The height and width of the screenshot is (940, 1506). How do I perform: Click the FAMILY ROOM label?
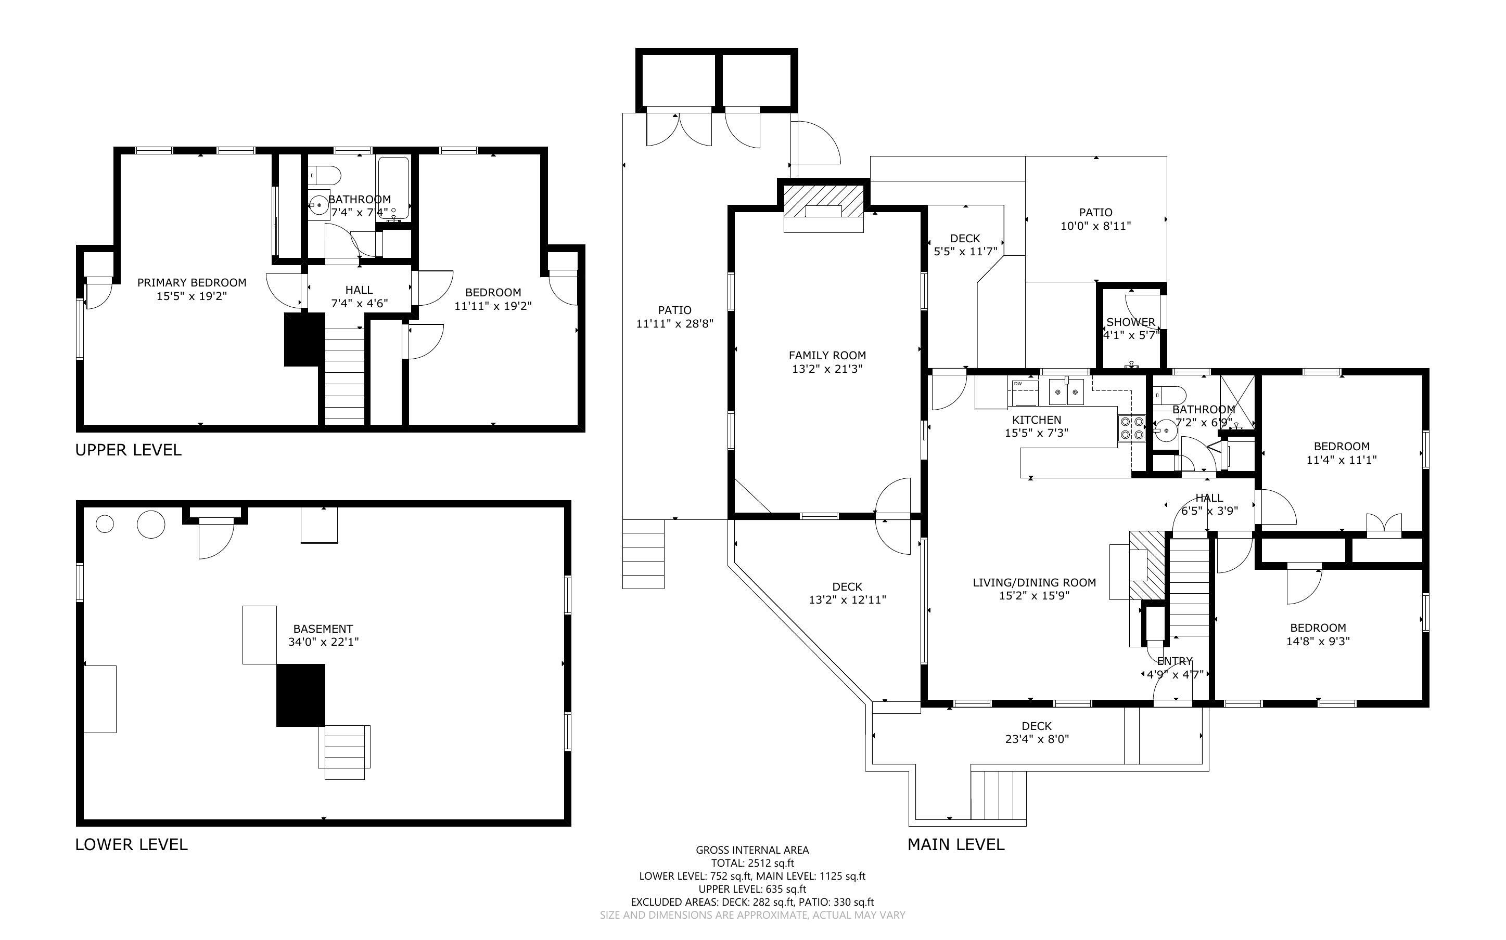pos(827,356)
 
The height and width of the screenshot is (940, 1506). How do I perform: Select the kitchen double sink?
pos(1066,391)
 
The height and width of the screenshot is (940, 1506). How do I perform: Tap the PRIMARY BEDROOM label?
pos(192,283)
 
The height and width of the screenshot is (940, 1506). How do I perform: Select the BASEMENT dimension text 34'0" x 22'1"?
pos(324,642)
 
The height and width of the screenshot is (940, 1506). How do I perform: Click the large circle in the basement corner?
pos(150,524)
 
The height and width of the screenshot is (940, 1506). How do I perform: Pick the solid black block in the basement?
pos(300,695)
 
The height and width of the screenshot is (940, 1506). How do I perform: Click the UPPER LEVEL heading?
pos(128,450)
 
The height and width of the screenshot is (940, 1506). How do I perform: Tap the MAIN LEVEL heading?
pos(956,844)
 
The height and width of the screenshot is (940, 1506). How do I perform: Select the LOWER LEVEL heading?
pos(131,844)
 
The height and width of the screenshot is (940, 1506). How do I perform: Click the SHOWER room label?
pos(1131,322)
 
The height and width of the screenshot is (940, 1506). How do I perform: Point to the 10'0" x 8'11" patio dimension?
pos(1095,226)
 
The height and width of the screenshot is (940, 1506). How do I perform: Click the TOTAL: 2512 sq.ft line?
pos(752,863)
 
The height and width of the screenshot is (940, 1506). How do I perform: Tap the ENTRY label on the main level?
pos(1175,661)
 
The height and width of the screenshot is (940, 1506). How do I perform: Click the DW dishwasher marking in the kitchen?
pos(1018,384)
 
